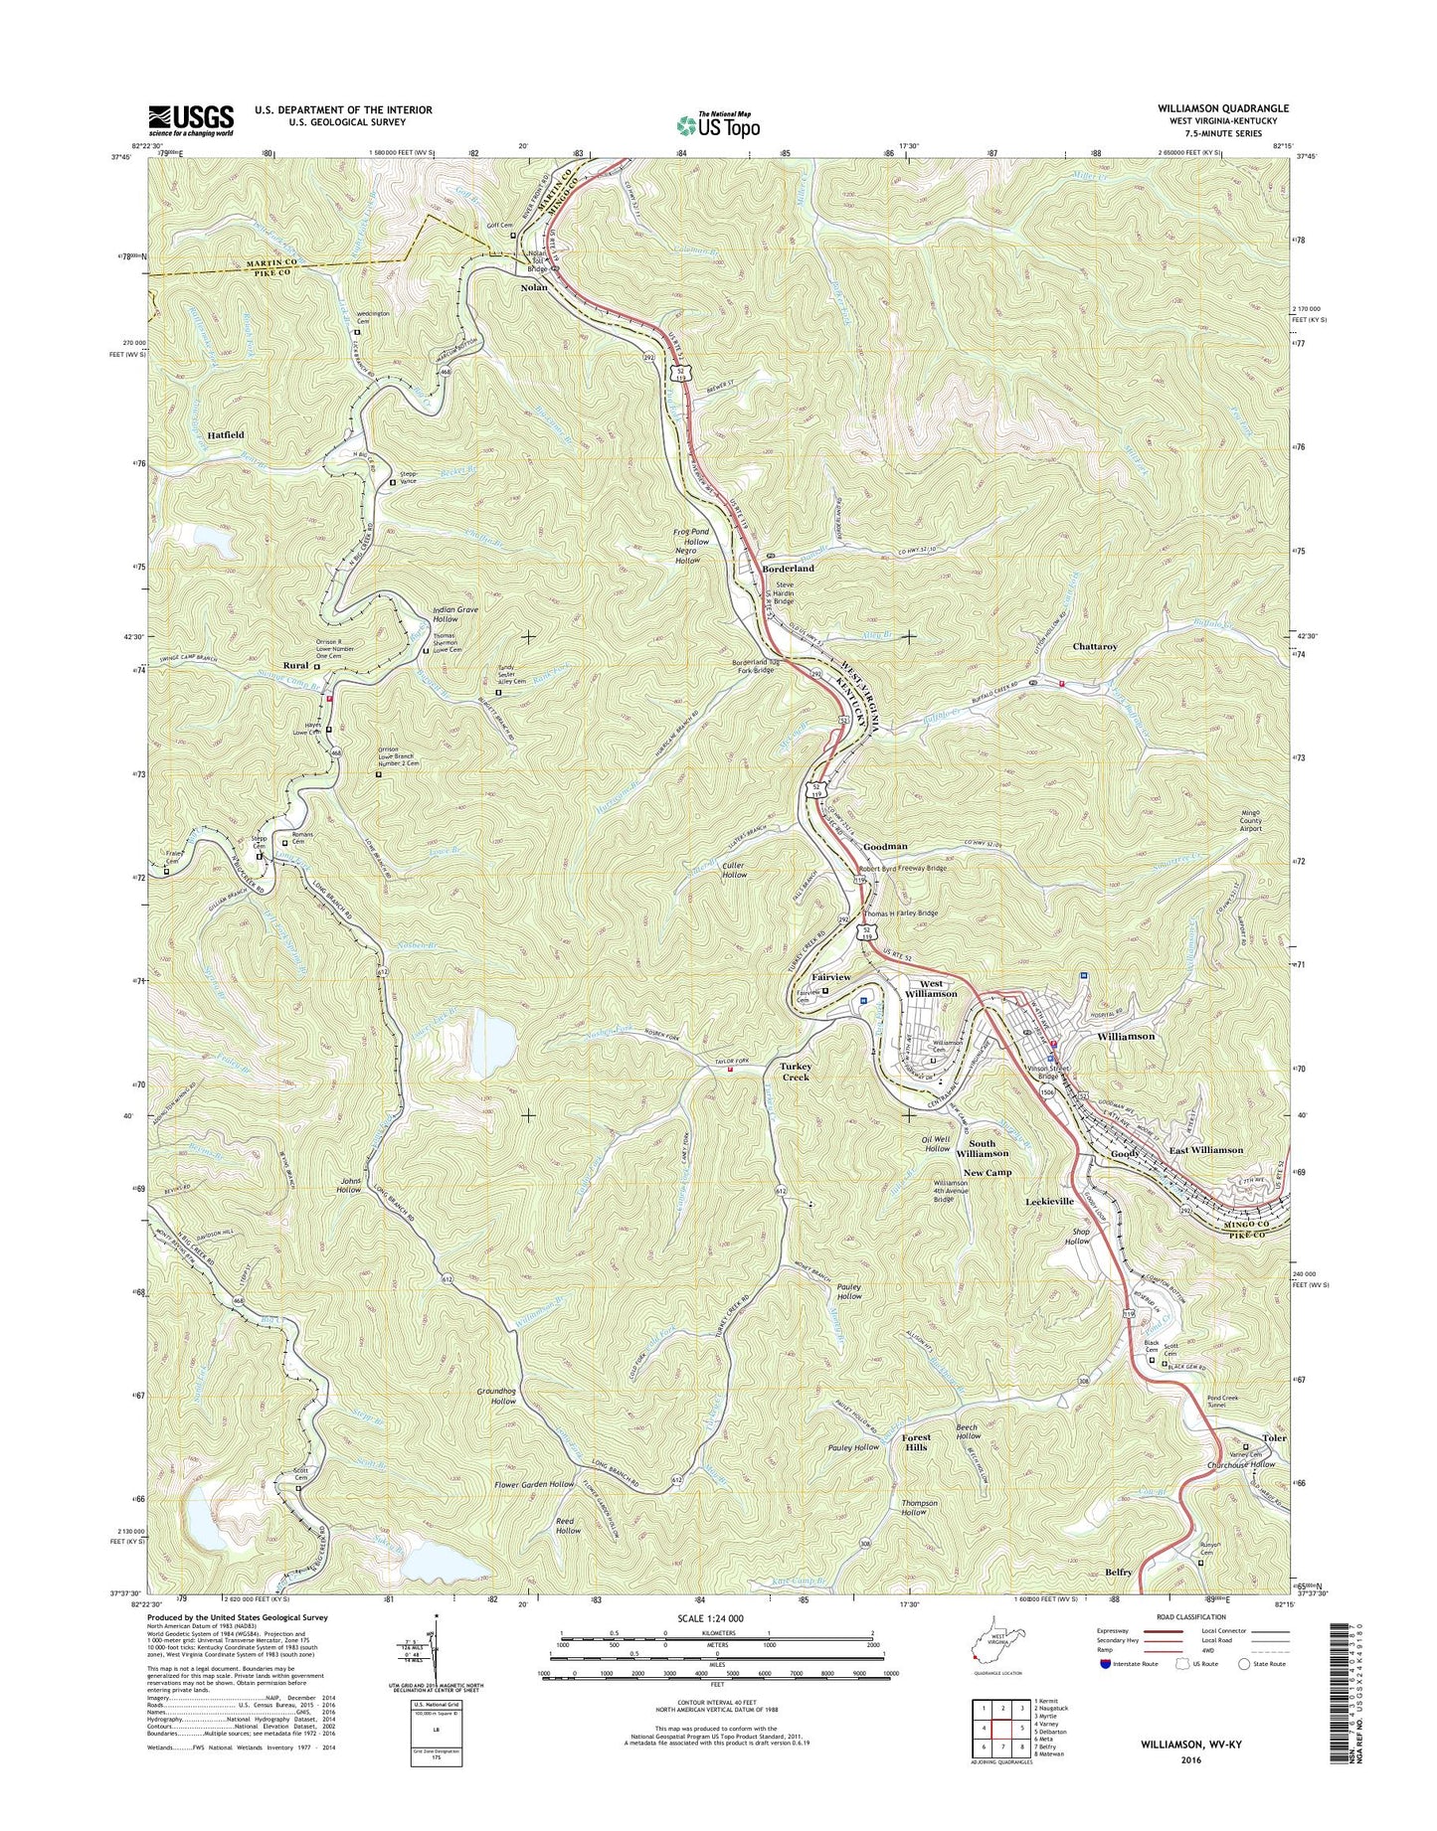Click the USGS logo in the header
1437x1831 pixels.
click(x=191, y=119)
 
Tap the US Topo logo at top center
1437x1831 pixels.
click(x=718, y=124)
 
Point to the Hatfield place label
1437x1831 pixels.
click(x=227, y=435)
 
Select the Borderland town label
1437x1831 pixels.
click(x=788, y=569)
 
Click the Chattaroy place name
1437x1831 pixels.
click(x=1095, y=646)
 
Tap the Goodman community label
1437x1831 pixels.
click(x=885, y=846)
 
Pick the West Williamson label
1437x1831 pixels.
click(x=931, y=988)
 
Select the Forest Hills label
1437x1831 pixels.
click(x=916, y=1441)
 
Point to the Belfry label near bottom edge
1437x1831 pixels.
click(x=1118, y=1572)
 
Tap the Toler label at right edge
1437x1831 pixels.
click(x=1274, y=1438)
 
